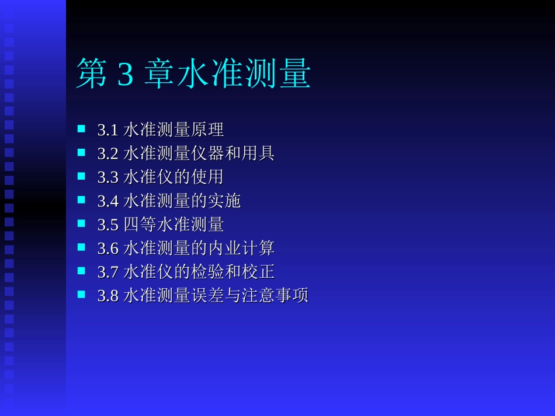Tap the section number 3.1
pos(108,130)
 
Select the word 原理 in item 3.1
pos(207,130)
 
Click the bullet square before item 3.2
pos(81,152)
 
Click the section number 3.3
pos(108,177)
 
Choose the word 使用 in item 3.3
pos(207,177)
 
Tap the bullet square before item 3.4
pos(81,200)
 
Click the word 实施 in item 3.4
pos(224,201)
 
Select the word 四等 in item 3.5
pos(140,225)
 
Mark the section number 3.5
pos(108,225)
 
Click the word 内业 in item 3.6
pos(224,249)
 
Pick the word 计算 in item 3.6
pos(258,249)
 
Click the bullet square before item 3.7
pos(81,271)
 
